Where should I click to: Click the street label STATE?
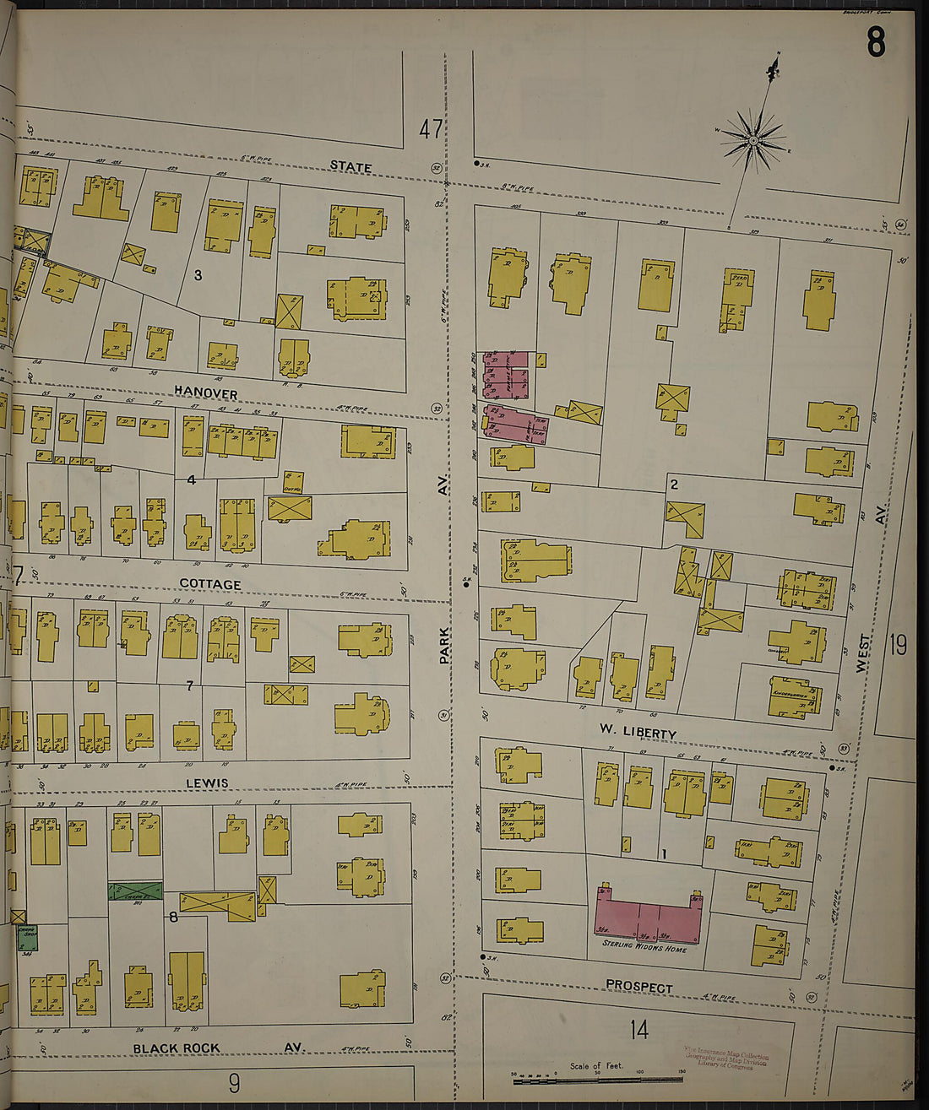350,166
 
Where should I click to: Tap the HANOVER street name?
206,393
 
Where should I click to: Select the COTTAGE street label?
210,584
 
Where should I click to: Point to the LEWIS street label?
207,783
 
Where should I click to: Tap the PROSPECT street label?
638,987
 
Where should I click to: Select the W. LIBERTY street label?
638,732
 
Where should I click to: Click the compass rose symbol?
752,139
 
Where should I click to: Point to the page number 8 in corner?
876,42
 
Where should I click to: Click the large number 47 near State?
431,129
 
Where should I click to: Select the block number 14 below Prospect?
638,1029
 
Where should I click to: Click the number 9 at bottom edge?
234,1083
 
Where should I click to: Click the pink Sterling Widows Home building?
648,916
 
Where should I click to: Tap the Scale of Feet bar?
597,1078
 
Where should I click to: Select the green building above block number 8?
135,891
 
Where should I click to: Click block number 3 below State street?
198,274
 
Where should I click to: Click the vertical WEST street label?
862,652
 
